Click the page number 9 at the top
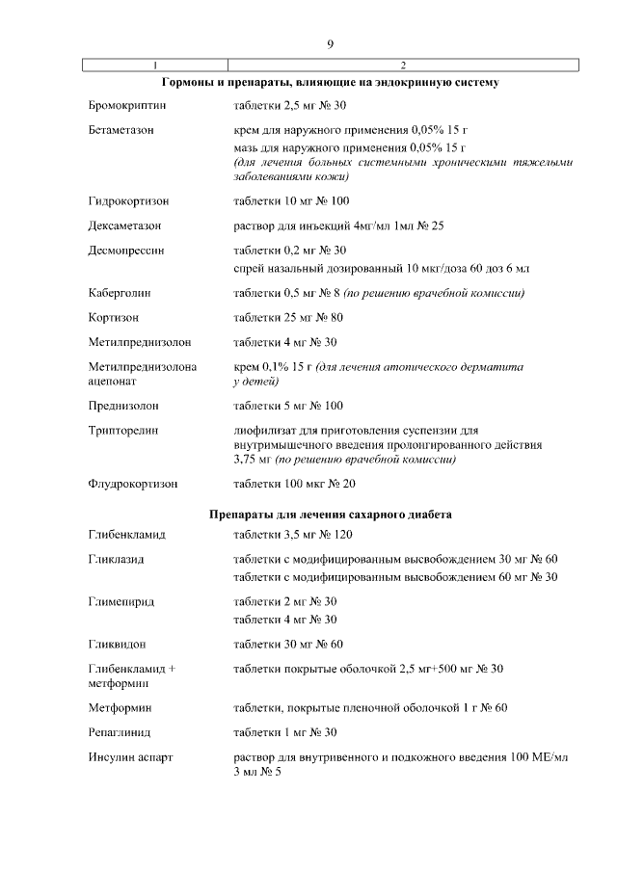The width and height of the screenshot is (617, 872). point(330,44)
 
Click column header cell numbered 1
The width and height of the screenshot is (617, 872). point(155,65)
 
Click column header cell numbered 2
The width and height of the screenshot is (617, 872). point(402,65)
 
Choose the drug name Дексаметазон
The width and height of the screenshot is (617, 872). point(124,225)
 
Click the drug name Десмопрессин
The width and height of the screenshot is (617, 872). point(126,250)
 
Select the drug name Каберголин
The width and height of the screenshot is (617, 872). point(120,292)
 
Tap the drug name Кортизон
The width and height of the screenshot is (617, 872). point(113,317)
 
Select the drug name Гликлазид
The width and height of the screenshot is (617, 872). point(116,559)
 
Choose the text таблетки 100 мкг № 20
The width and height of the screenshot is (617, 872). point(294,484)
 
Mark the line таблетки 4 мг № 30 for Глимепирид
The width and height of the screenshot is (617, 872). point(284,619)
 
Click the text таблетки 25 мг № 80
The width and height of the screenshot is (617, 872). point(288,317)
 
